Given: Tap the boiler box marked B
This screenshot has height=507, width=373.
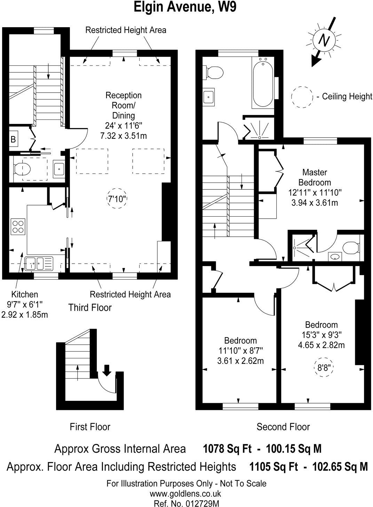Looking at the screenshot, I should pyautogui.click(x=14, y=140).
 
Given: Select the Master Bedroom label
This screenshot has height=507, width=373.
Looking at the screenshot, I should pyautogui.click(x=314, y=177).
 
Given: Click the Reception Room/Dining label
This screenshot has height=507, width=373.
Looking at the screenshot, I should pyautogui.click(x=124, y=105).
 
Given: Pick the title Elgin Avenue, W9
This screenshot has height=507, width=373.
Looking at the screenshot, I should pyautogui.click(x=185, y=7).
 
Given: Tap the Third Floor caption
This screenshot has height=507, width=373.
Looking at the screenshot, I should pyautogui.click(x=90, y=307).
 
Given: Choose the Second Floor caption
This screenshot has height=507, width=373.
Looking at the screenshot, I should pyautogui.click(x=283, y=427).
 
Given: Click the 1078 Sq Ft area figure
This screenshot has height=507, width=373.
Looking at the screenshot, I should pyautogui.click(x=227, y=449).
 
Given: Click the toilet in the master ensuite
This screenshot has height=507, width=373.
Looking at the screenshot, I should pyautogui.click(x=351, y=248).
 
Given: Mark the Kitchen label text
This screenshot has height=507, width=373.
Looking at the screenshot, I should pyautogui.click(x=24, y=294).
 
